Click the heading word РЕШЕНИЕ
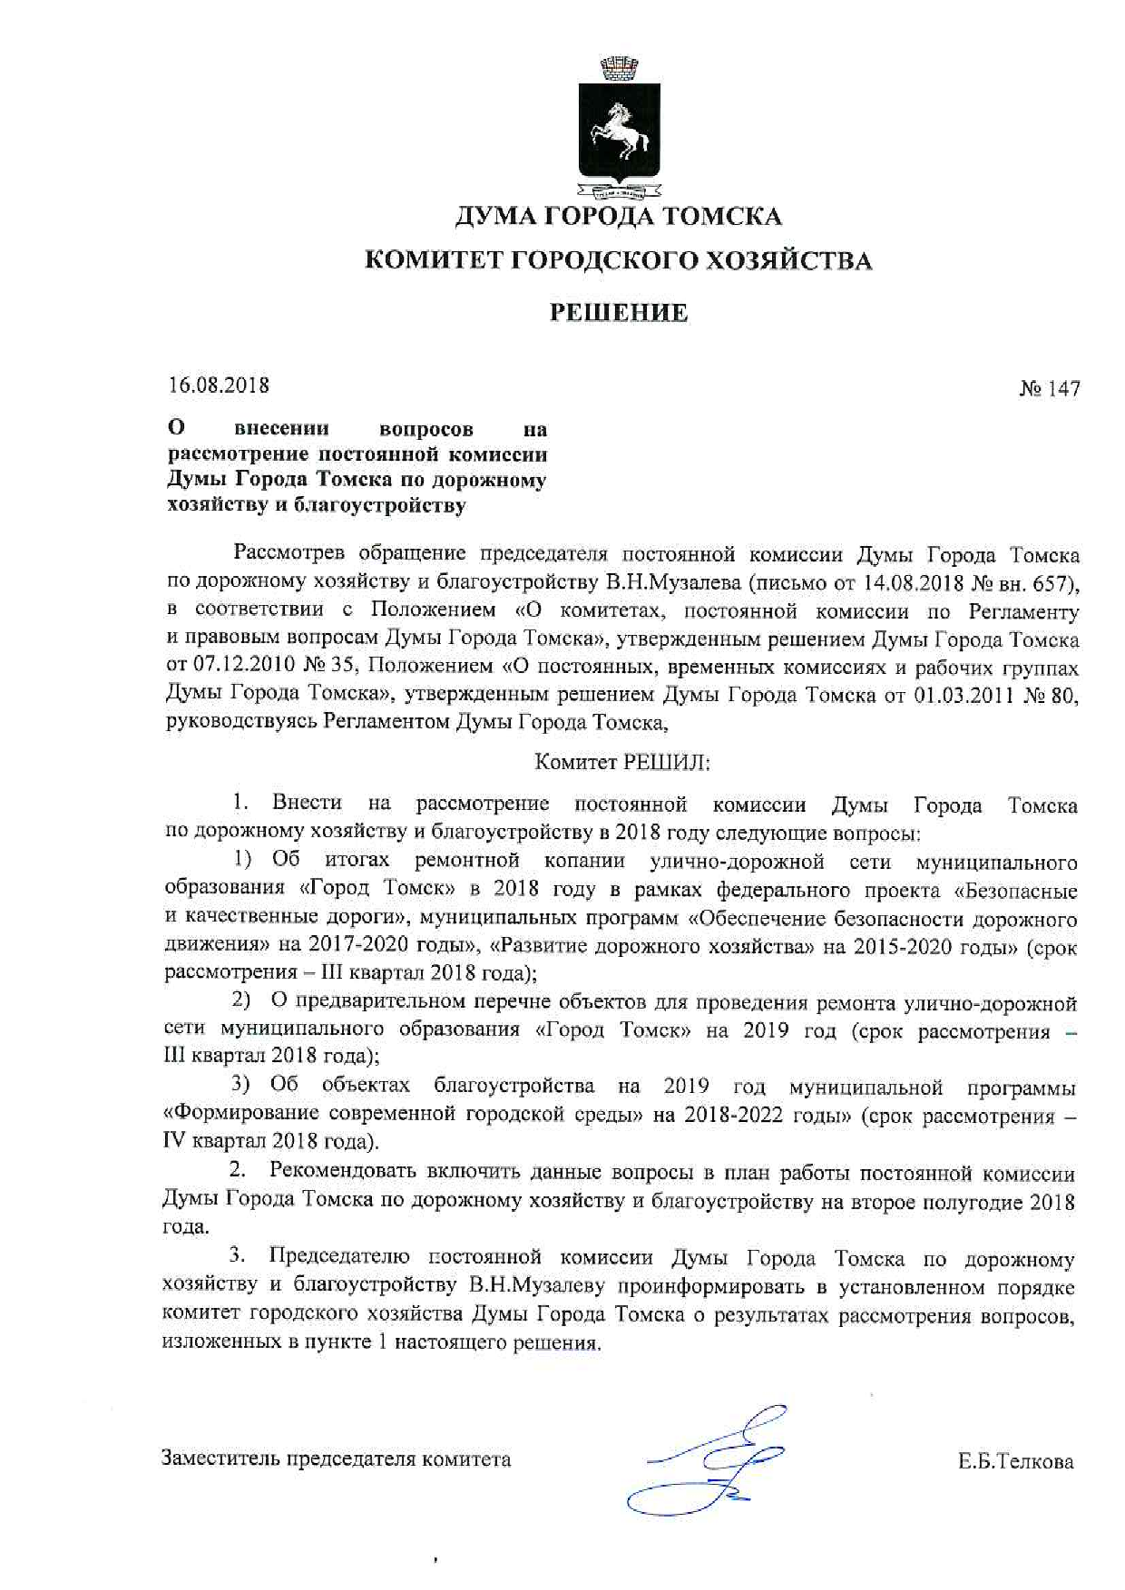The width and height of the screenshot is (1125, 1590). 619,314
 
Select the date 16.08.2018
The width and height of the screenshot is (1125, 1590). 219,385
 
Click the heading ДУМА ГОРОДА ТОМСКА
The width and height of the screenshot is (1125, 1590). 618,217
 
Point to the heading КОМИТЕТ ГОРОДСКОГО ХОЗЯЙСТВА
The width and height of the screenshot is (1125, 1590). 618,261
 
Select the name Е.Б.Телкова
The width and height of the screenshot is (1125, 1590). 1014,1461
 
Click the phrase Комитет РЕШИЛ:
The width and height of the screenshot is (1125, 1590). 622,763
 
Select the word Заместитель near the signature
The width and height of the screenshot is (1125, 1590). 220,1459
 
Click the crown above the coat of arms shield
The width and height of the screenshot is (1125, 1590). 619,68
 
